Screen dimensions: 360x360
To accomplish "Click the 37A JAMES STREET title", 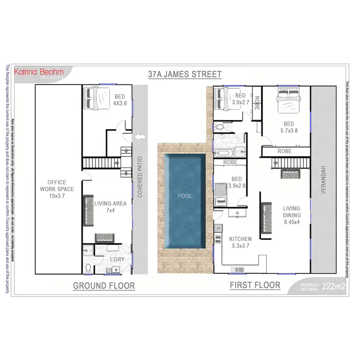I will [184, 74].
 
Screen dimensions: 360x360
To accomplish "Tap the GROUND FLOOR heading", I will [104, 286].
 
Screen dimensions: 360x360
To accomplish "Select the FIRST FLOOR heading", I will [254, 285].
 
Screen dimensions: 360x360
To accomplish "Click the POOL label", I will [185, 196].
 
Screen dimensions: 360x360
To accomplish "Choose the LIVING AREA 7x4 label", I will [110, 207].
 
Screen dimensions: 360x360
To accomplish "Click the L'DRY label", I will [117, 260].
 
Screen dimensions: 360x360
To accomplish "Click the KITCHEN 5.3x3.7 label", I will [240, 242].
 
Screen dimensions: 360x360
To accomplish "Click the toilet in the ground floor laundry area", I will [87, 267].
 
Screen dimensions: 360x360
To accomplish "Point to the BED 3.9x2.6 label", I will [236, 182].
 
